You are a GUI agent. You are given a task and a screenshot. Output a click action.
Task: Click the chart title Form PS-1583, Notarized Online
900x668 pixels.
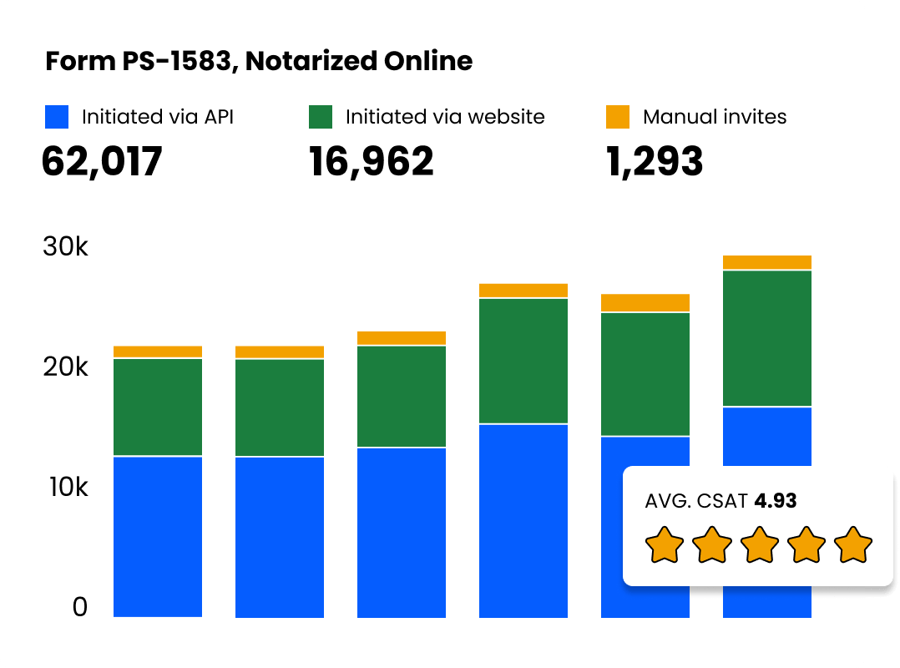[258, 61]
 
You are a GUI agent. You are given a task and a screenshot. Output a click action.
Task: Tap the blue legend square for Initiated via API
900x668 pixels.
[56, 117]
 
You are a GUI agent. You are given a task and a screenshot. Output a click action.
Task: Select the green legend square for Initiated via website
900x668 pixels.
[321, 117]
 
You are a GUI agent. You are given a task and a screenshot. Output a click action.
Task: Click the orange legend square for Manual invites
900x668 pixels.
[617, 117]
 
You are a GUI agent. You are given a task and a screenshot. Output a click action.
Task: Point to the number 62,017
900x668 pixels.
[101, 161]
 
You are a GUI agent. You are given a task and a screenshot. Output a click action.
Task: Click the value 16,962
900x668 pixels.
[371, 161]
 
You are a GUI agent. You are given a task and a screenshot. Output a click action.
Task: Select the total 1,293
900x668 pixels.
[654, 161]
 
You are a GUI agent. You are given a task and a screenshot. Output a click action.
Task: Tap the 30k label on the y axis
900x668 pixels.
[65, 248]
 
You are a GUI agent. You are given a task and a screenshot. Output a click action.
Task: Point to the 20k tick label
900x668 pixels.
[65, 367]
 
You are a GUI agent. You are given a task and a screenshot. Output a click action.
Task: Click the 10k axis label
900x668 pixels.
[65, 487]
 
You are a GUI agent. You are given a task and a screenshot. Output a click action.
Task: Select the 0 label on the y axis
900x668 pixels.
[79, 607]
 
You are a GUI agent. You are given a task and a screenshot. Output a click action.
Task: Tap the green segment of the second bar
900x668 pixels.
[280, 407]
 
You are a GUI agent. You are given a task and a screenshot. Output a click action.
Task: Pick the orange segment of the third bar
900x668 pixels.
[402, 338]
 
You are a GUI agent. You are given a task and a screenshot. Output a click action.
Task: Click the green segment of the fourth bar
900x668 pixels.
[523, 361]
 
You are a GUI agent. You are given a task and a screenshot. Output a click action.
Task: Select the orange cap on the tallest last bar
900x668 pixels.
[766, 262]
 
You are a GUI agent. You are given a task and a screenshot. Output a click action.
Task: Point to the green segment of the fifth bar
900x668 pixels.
[645, 374]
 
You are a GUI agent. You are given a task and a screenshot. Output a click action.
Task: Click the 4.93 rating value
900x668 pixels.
[775, 501]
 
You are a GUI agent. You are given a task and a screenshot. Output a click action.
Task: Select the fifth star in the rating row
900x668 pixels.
[852, 545]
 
